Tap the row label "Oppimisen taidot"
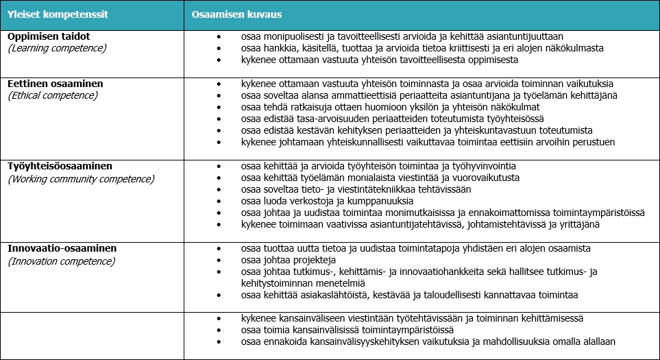49,36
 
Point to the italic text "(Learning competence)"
57,48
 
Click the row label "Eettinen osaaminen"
56,83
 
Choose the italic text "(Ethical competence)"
53,95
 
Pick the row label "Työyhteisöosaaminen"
60,166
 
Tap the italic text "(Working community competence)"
81,179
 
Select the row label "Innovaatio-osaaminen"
62,248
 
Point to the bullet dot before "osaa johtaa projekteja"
219,261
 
